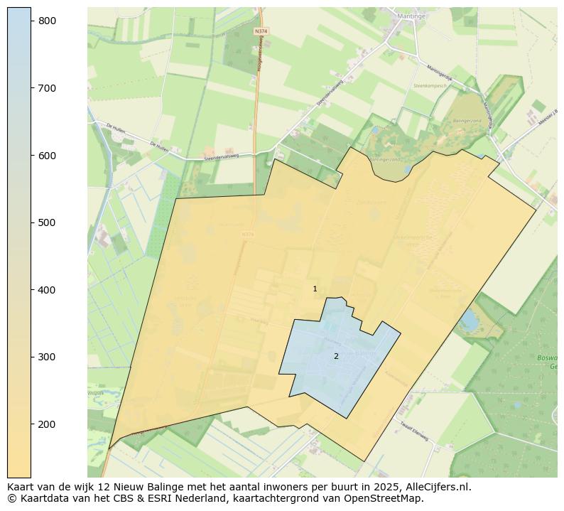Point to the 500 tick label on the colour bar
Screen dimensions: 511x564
click(47, 222)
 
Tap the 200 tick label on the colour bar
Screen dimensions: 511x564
click(47, 424)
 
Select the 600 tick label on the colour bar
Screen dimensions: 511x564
click(47, 156)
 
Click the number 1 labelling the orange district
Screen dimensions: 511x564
click(315, 289)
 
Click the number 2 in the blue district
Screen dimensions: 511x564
click(336, 356)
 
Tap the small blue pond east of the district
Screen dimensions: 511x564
click(469, 321)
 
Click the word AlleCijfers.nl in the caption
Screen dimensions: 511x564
click(435, 487)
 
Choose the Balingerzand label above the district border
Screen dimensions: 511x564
click(386, 160)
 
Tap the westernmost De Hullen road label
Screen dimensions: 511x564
click(115, 127)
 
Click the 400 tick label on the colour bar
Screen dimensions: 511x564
click(47, 290)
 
